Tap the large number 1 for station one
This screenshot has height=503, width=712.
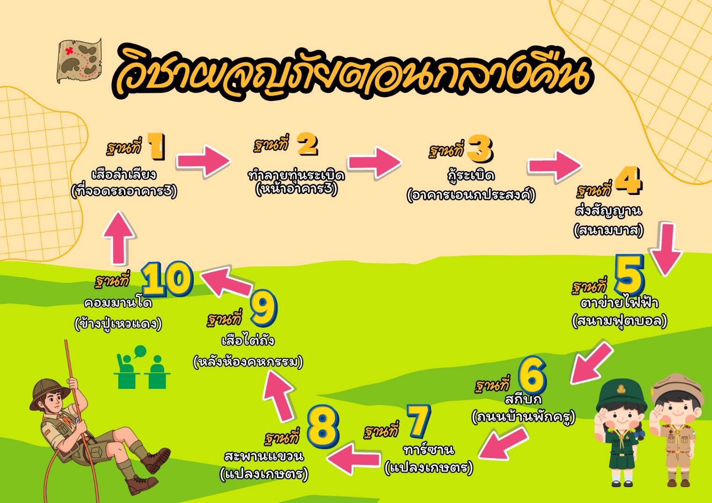(156, 146)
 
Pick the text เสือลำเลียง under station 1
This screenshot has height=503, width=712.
(124, 175)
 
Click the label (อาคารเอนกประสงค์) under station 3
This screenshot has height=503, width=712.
(471, 195)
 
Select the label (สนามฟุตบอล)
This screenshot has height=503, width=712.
(619, 322)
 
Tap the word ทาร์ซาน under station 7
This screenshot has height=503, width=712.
(429, 450)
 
